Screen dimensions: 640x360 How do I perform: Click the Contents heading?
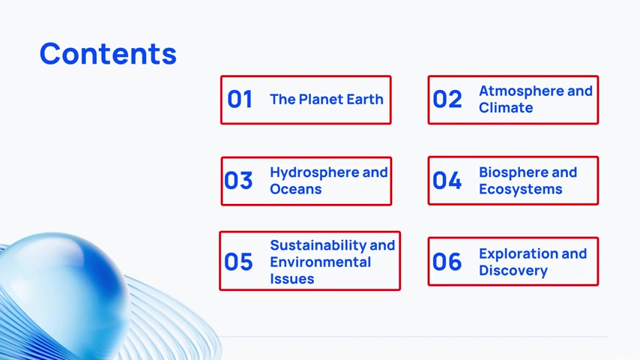[x=108, y=54]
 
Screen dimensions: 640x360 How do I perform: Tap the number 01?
[x=240, y=99]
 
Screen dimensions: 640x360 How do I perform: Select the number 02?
[x=447, y=99]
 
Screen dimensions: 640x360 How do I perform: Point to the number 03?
[x=238, y=181]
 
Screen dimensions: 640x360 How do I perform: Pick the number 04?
[x=447, y=181]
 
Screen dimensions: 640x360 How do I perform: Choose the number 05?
[x=238, y=262]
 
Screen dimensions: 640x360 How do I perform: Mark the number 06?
[x=447, y=262]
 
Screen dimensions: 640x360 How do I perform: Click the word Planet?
[x=322, y=99]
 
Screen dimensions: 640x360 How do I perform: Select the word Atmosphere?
[x=516, y=91]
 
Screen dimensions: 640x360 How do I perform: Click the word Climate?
[x=506, y=108]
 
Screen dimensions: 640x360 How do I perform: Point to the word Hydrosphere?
[x=314, y=172]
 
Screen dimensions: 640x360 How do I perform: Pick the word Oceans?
[x=296, y=189]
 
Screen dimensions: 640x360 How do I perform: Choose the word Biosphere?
[x=513, y=172]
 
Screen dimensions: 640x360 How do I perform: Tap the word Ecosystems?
[x=520, y=190]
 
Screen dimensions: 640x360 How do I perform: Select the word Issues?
[x=292, y=279]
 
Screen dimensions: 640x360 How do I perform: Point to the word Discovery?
[x=513, y=271]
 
